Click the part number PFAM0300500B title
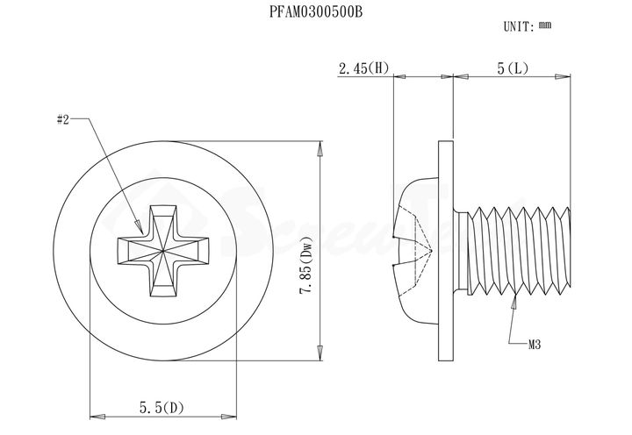pos(316,12)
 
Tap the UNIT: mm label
pos(528,26)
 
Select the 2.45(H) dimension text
pos(363,68)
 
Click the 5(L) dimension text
pos(513,68)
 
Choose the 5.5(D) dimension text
pos(162,408)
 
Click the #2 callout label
pos(63,119)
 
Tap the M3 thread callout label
pos(534,345)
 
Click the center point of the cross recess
pos(163,251)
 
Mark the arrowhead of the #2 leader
pos(139,227)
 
